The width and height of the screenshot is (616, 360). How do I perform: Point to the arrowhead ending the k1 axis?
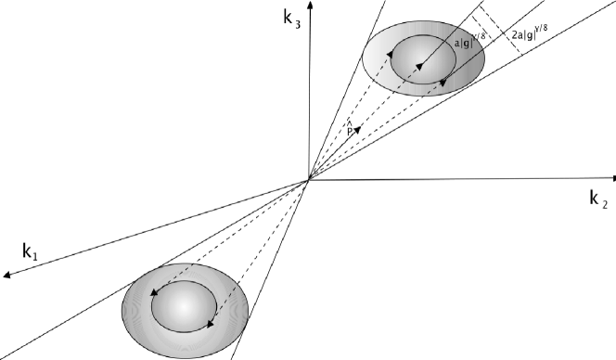[x=6, y=276]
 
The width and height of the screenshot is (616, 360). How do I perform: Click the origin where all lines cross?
[x=309, y=179]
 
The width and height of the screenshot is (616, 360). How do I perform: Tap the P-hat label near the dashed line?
[x=349, y=132]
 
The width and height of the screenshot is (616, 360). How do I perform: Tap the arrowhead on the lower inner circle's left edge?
[x=153, y=294]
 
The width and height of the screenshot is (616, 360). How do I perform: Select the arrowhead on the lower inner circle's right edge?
[x=211, y=325]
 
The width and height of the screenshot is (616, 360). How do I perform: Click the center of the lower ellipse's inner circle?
[x=186, y=305]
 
